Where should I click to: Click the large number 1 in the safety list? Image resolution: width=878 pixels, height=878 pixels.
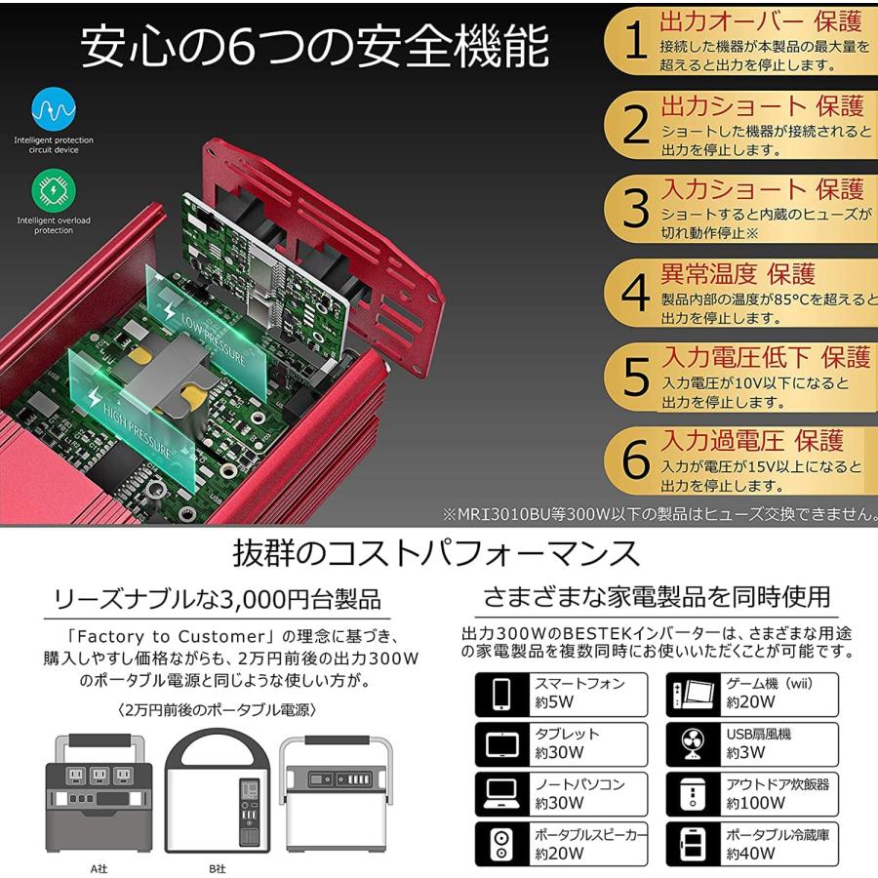click(635, 43)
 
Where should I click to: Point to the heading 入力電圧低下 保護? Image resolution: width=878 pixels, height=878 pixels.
click(765, 356)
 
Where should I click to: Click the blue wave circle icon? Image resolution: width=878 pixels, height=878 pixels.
click(54, 110)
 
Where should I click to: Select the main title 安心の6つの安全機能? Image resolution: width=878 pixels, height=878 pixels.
click(314, 48)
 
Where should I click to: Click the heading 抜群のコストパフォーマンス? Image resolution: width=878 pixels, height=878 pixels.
click(436, 554)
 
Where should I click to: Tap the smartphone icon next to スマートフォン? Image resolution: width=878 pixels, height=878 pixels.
click(501, 693)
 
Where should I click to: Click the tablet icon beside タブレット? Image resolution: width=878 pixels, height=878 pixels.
click(501, 744)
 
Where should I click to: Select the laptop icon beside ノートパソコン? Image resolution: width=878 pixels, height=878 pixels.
click(501, 793)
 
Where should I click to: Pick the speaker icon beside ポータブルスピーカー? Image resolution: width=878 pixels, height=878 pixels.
click(501, 844)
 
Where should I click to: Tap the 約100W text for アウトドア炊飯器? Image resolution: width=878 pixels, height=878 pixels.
click(755, 804)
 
